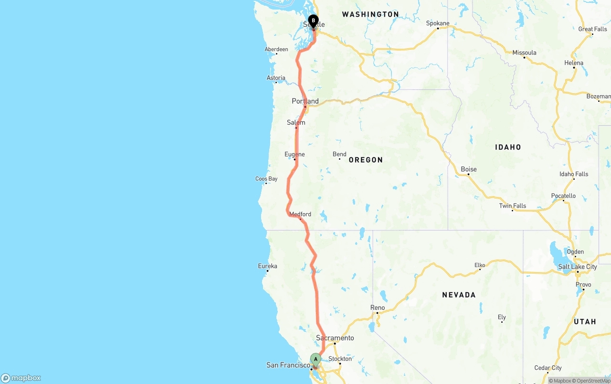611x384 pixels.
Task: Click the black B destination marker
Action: (313, 21)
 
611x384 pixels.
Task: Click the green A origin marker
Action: (316, 359)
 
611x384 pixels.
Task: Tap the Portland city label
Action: (305, 101)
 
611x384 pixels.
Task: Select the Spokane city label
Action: (438, 23)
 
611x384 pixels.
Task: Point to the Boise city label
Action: (469, 169)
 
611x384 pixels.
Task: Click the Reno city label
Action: (377, 307)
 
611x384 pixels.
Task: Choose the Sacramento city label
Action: (335, 338)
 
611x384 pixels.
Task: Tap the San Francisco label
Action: (288, 365)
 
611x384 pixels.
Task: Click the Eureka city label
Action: (267, 266)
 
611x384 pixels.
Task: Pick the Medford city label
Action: (300, 214)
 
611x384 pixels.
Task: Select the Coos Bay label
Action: (266, 179)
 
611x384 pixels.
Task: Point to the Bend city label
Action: (339, 154)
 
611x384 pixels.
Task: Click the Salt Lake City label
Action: (578, 267)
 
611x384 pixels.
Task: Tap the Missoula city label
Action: (524, 53)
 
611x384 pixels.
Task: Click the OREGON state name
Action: (366, 160)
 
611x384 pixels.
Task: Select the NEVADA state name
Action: (459, 295)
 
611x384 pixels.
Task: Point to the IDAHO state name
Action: (508, 147)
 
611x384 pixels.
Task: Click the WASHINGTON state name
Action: (370, 14)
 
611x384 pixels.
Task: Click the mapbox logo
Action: (21, 378)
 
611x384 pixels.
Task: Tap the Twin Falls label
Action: (513, 206)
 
